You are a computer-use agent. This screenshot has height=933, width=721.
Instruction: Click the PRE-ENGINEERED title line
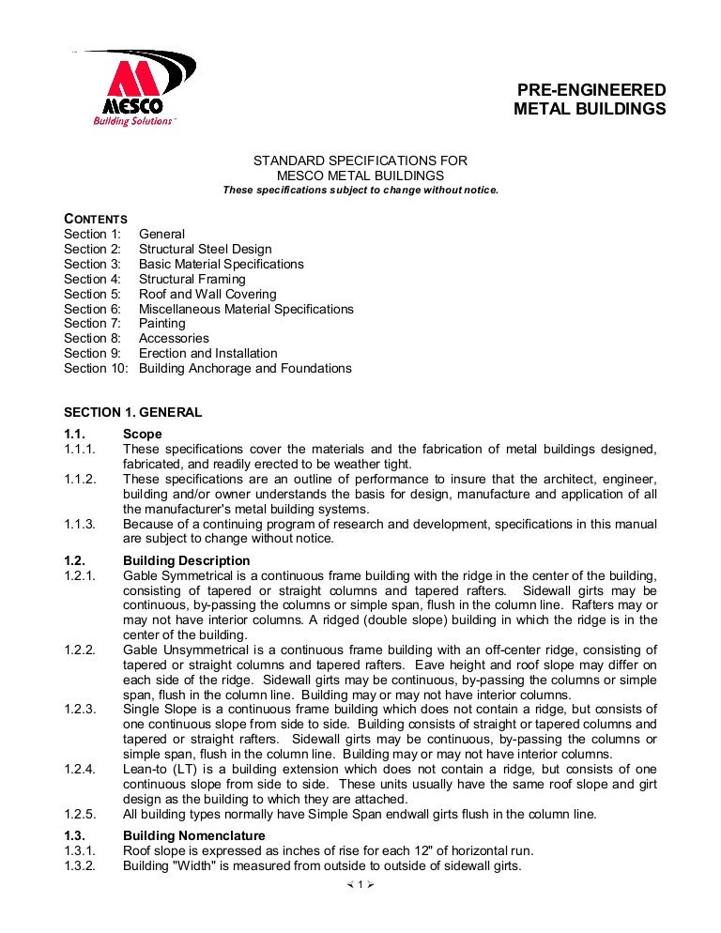click(591, 90)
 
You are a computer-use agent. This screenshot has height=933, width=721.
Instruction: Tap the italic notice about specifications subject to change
click(360, 190)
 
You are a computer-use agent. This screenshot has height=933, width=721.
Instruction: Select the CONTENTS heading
click(95, 219)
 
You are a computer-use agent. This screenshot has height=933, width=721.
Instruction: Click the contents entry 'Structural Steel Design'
click(205, 249)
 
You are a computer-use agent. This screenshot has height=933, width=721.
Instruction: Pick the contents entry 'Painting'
click(161, 323)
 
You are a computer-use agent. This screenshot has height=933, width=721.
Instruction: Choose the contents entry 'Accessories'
click(174, 338)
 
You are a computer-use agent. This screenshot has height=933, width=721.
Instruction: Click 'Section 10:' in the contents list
click(96, 368)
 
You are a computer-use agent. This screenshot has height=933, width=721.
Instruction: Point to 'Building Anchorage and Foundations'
click(245, 368)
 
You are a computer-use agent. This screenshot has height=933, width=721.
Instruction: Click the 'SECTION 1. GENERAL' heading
click(132, 412)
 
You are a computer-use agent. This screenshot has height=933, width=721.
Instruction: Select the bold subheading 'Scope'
click(142, 434)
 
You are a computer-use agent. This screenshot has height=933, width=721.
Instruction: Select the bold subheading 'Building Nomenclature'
click(193, 835)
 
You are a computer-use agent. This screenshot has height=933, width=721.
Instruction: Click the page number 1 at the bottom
click(360, 884)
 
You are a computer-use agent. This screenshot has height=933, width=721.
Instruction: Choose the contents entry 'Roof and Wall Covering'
click(207, 294)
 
